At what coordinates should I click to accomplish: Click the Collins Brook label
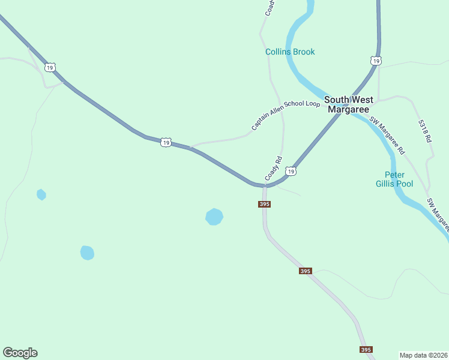point(290,52)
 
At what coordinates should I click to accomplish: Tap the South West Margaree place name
point(348,104)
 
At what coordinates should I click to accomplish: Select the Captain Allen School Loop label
point(286,115)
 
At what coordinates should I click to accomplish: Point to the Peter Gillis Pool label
point(394,179)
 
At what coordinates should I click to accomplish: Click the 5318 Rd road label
point(425,130)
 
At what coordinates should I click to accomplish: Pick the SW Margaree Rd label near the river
point(387,134)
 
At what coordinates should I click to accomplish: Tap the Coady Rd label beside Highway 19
point(273,169)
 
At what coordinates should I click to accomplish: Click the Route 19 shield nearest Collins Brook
point(375,61)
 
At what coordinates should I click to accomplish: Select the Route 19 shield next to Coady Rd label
point(291,172)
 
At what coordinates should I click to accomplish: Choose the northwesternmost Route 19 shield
point(50,67)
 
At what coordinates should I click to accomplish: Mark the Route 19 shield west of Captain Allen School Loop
point(166,142)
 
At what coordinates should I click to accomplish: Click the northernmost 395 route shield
point(265,204)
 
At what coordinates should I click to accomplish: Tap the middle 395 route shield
point(305,271)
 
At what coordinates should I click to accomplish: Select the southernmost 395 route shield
point(366,349)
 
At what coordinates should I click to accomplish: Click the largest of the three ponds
point(214,217)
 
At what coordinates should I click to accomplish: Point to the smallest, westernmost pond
point(41,194)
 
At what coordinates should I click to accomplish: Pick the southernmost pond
point(87,253)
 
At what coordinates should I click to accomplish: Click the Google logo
point(20,353)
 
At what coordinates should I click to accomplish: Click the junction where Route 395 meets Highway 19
point(264,185)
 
